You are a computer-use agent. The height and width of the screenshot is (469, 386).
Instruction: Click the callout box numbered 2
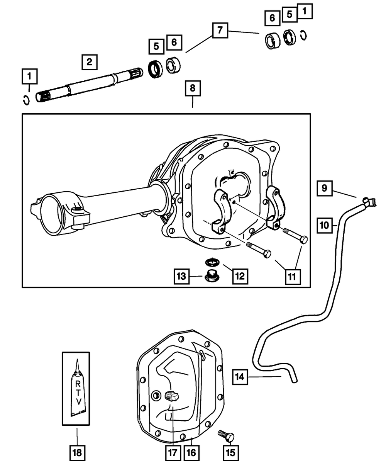(x=89, y=62)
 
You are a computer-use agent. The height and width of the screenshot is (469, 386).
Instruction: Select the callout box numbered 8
(x=192, y=88)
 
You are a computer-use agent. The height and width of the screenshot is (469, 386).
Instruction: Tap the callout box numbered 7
(x=220, y=30)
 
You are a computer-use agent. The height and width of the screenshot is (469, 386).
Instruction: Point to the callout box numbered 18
(x=77, y=452)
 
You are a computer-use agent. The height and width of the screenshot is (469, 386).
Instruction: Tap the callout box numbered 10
(x=325, y=225)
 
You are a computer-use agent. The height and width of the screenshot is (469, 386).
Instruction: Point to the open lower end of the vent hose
(x=294, y=381)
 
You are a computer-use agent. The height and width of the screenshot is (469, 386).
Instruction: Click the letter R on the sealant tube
(x=77, y=384)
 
